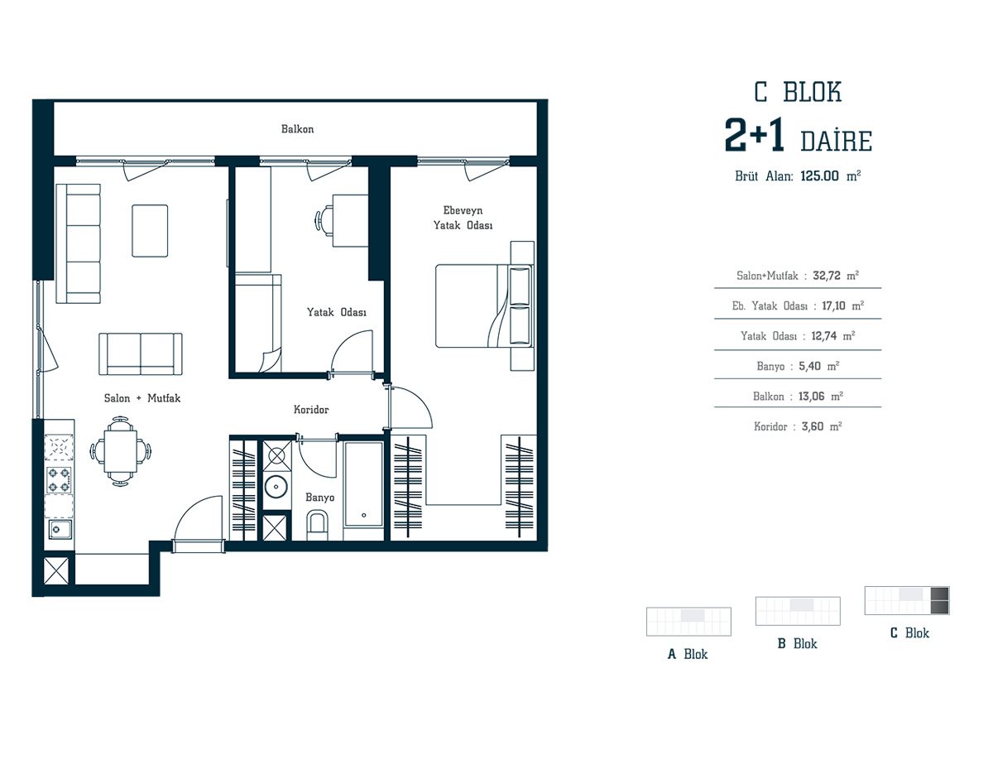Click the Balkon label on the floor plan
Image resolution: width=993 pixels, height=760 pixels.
pos(297,129)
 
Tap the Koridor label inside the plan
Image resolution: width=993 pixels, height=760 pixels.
pos(311,409)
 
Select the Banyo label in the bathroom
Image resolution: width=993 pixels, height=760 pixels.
pos(320,498)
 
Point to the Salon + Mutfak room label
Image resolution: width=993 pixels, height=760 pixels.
pos(142,398)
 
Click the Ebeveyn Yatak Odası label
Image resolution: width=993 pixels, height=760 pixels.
pos(463,218)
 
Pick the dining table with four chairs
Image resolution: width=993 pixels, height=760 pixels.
pos(120,451)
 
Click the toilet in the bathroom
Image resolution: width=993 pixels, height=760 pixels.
pos(317,525)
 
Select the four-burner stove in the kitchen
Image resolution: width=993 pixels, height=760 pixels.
pos(59,480)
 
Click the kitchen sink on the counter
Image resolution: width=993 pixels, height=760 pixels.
pos(60,529)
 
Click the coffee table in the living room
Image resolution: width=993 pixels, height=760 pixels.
pos(150,231)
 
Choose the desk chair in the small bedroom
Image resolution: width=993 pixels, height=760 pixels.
pos(324,221)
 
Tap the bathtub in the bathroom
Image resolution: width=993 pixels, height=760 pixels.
pos(364,483)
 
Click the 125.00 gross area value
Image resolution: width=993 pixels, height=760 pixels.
pos(819,176)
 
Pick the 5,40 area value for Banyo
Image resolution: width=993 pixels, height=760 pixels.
pos(810,366)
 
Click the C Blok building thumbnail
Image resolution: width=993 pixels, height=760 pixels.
pos(907,600)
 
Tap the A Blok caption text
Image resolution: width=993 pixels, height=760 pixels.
pos(688,654)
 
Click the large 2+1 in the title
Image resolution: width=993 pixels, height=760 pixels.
pos(754,135)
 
